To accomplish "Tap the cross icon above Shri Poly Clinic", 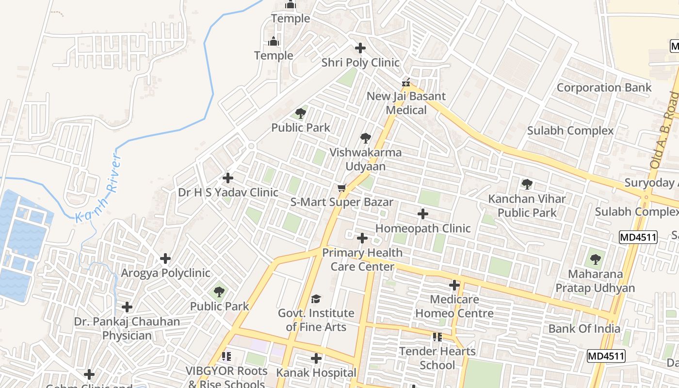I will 360,48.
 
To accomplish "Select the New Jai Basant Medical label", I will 406,103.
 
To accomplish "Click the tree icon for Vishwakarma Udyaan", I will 366,138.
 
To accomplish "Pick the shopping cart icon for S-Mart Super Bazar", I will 342,188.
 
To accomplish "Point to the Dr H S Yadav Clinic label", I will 228,193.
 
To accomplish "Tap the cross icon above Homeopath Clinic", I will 423,213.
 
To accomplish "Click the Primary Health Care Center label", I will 362,259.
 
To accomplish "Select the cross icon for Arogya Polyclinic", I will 165,259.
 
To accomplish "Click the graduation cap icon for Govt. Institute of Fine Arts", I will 316,299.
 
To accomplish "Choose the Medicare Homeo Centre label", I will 454,306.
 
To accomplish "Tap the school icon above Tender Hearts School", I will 437,337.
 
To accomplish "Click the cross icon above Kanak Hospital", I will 316,358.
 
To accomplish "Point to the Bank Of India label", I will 584,329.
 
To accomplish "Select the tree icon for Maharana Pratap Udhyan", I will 595,259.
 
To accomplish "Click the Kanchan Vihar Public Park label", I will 527,206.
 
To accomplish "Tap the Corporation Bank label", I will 604,88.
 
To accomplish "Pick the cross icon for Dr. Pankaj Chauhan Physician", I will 127,307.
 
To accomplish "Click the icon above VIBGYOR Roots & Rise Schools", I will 226,356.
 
